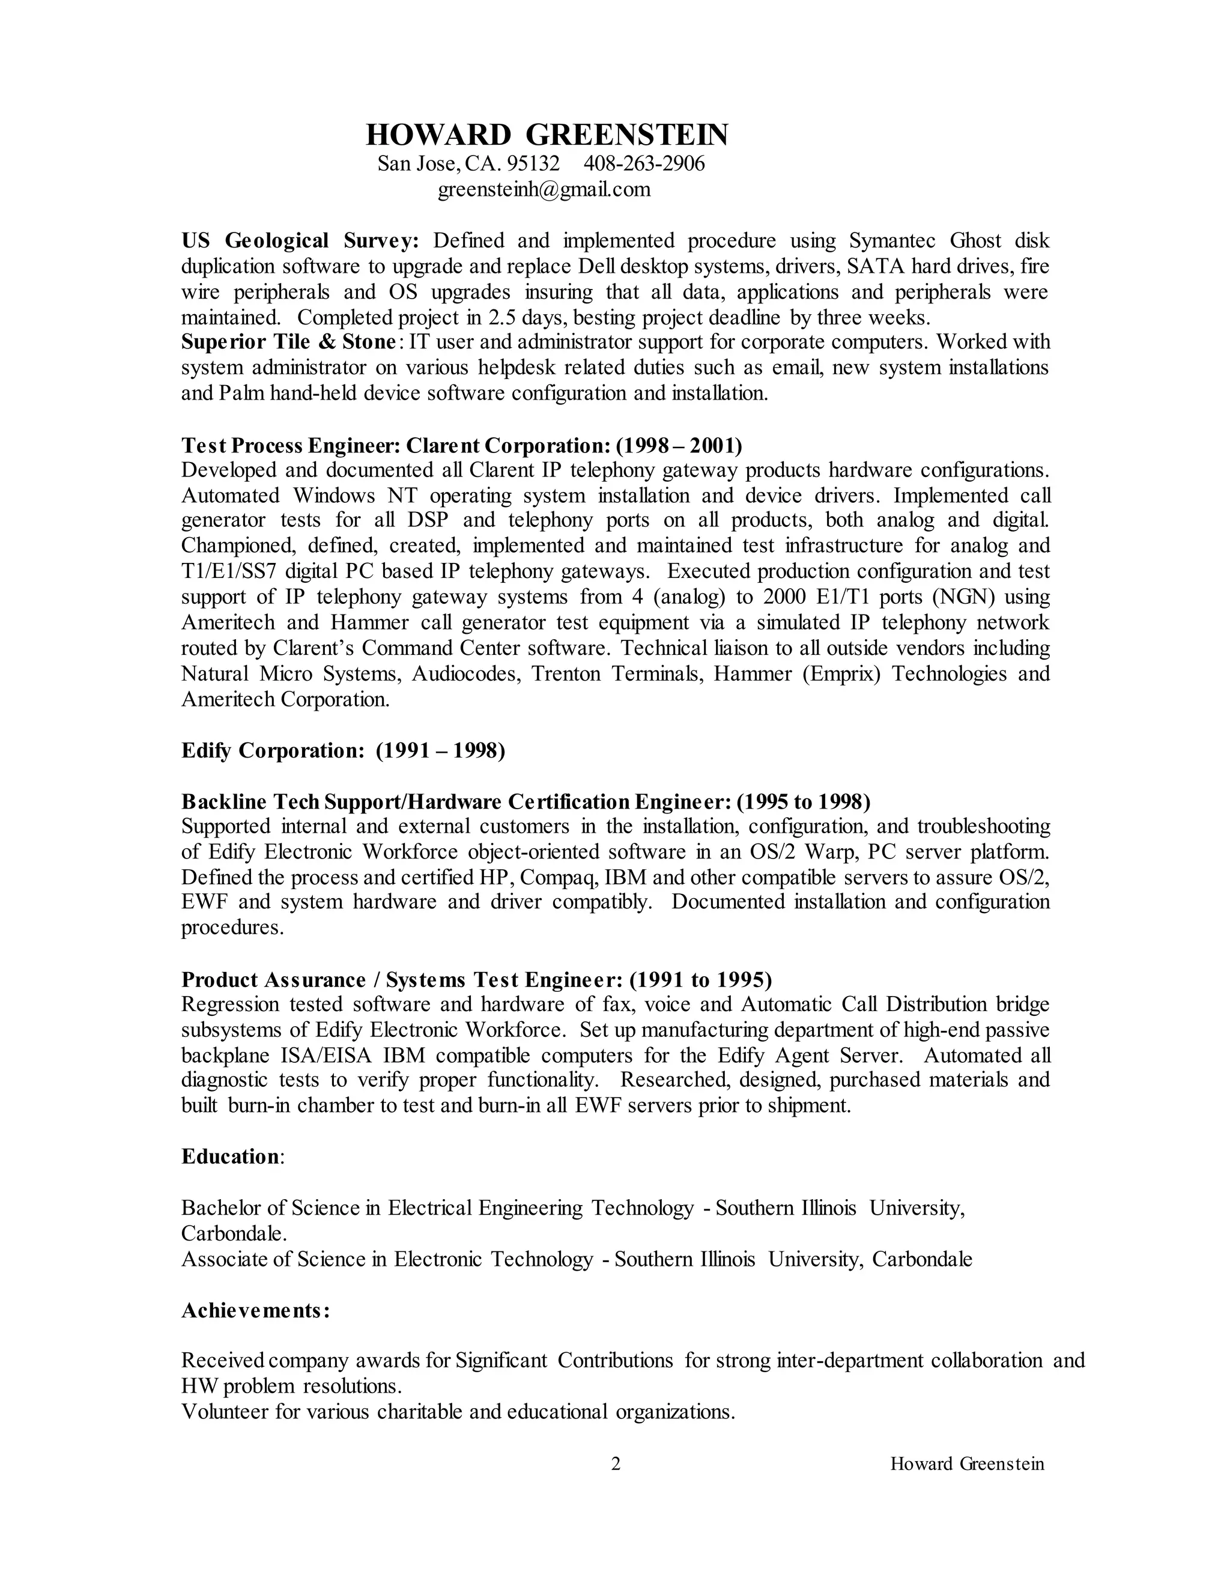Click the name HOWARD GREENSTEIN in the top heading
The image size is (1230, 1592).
pyautogui.click(x=547, y=136)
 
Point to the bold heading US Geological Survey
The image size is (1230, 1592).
pyautogui.click(x=300, y=240)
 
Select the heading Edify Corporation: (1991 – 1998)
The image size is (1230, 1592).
pyautogui.click(x=343, y=750)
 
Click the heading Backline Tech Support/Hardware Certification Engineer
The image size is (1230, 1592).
pyautogui.click(x=455, y=802)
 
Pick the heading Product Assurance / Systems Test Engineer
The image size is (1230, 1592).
pyautogui.click(x=402, y=980)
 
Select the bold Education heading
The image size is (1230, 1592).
pyautogui.click(x=230, y=1157)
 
